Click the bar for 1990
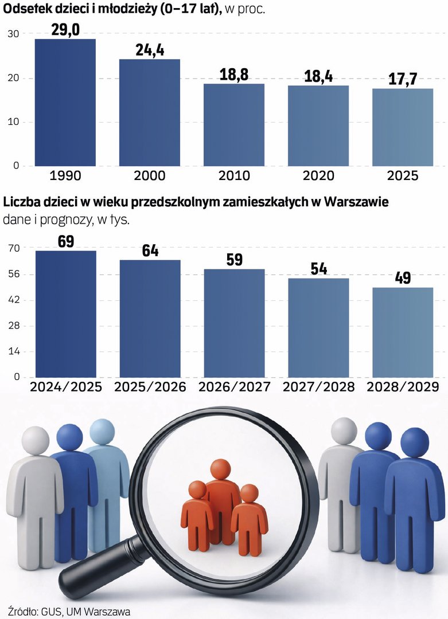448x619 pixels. (65, 103)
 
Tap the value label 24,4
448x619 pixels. (150, 50)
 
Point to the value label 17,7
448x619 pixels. (402, 80)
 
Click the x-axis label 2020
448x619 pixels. (318, 175)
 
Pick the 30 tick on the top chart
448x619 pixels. (14, 34)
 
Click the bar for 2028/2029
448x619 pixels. (402, 332)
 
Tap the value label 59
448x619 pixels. (234, 260)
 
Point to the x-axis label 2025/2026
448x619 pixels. (150, 387)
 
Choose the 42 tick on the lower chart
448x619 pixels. (14, 300)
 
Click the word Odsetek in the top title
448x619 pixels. (25, 10)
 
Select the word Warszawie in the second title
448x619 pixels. (356, 202)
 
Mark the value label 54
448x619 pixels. (318, 269)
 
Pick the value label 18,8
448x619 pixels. (234, 75)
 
